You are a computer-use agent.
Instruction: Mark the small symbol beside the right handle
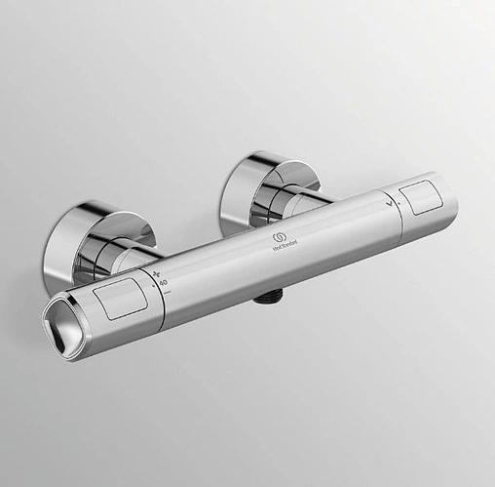392,206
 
